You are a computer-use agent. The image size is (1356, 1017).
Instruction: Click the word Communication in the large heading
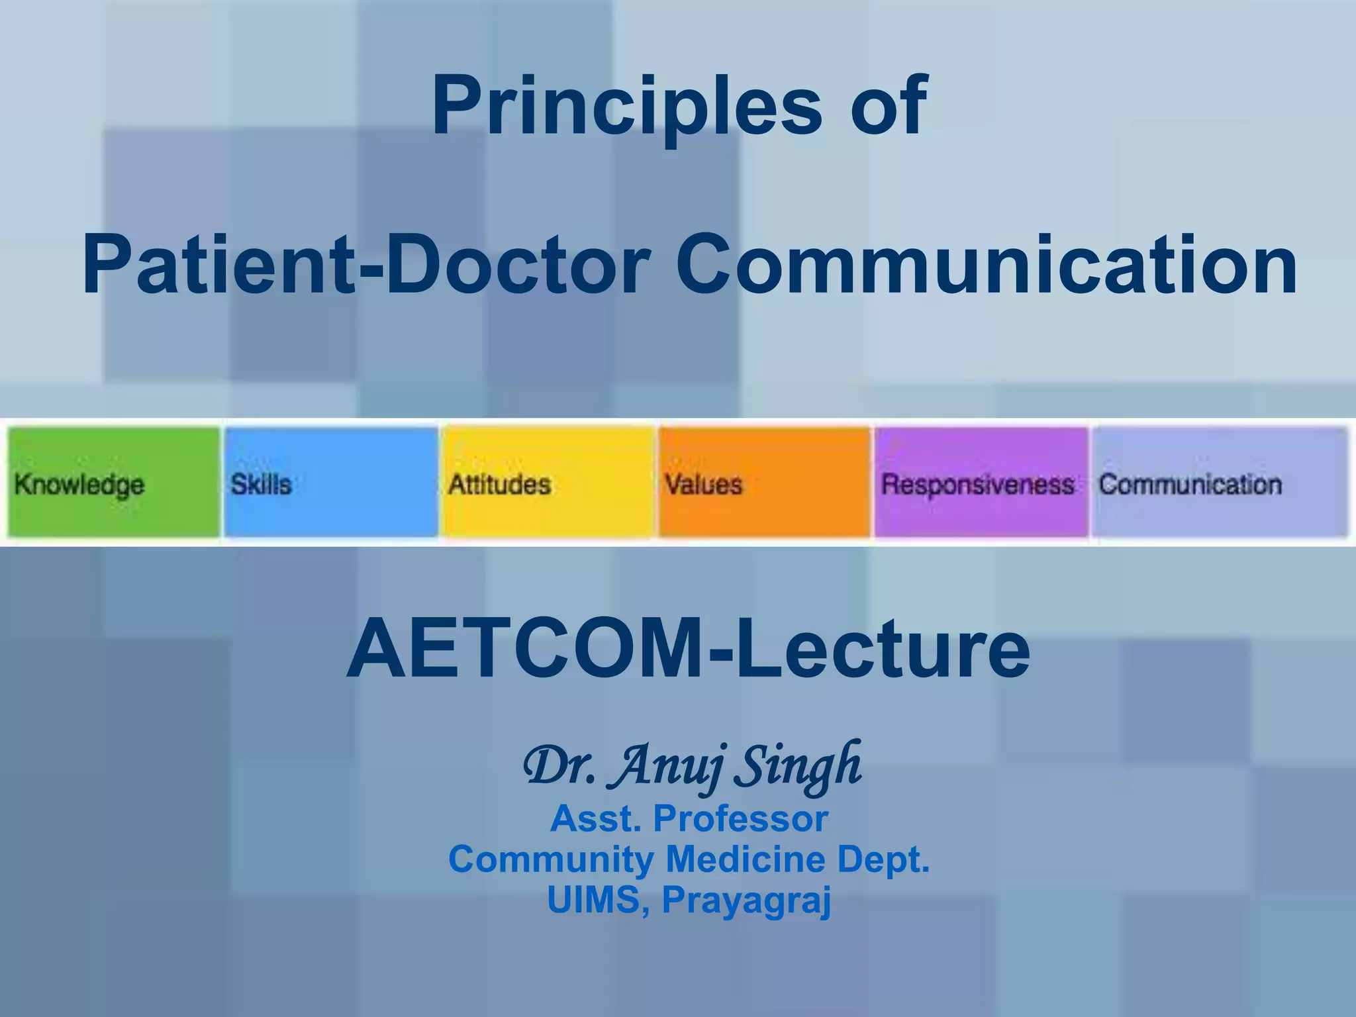coord(987,265)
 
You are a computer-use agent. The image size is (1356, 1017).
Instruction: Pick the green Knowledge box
coord(114,482)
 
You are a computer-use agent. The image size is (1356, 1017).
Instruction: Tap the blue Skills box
coord(330,482)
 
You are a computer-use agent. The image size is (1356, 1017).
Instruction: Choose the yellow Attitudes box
coord(548,482)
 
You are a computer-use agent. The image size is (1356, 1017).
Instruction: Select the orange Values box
coord(764,482)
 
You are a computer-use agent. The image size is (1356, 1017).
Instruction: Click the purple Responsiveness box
coord(981,482)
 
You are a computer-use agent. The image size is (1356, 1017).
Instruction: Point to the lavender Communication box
coord(1219,482)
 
